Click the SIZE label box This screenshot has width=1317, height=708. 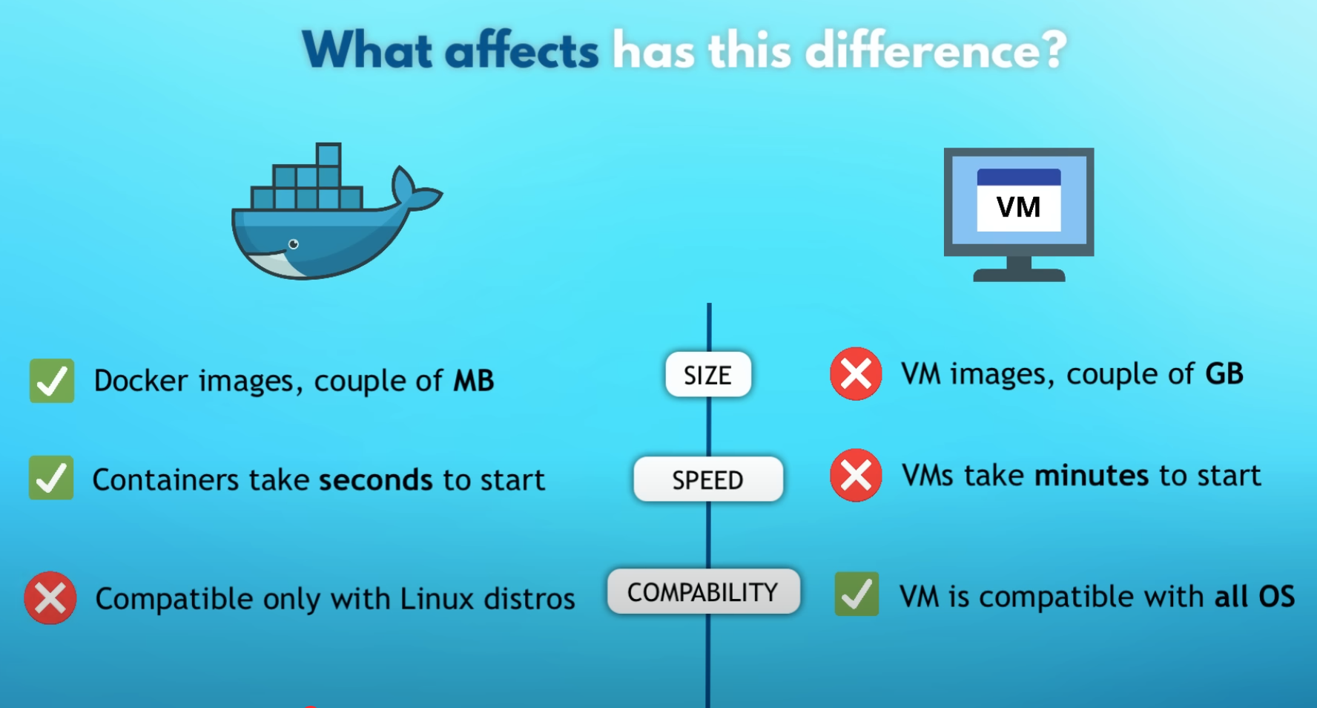pos(708,374)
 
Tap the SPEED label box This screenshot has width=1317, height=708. pos(708,479)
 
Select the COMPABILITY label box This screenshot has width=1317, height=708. pos(703,591)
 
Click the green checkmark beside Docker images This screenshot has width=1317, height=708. pos(52,381)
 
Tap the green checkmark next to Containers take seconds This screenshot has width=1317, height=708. pos(51,478)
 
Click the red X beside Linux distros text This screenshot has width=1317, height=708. pos(50,597)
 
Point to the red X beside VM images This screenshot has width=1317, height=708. pos(856,373)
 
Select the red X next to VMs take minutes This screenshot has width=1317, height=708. pos(856,475)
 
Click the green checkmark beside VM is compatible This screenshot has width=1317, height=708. pos(856,594)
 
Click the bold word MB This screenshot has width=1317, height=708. pos(474,381)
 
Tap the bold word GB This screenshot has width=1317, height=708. pos(1224,374)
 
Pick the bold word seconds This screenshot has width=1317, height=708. pos(376,480)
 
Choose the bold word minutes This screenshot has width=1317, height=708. pos(1092,476)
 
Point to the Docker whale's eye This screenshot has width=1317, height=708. pos(294,244)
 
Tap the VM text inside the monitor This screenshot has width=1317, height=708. pos(1018,207)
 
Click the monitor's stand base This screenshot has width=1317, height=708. pos(1019,275)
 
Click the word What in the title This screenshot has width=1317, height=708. pos(367,50)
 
